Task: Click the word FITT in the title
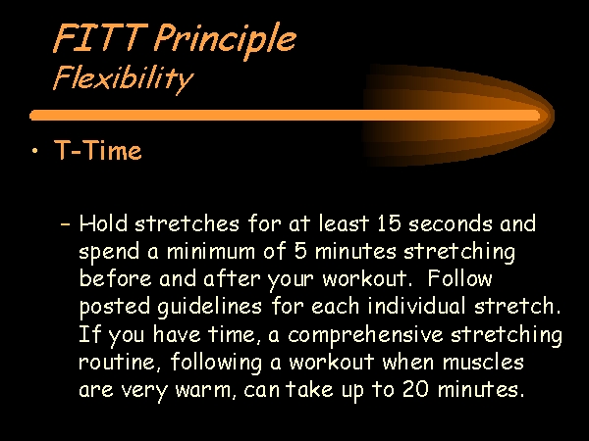100,37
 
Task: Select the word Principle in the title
225,40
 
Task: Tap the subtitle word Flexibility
123,78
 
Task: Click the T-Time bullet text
98,150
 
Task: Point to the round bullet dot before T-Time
35,151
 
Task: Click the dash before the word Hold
65,224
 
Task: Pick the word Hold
103,223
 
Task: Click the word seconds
450,223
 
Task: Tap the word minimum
211,251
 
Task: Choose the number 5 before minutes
300,251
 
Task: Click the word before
115,278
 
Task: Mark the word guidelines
209,307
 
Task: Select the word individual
416,306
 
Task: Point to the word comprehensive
365,335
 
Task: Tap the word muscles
483,363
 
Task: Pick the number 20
415,389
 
